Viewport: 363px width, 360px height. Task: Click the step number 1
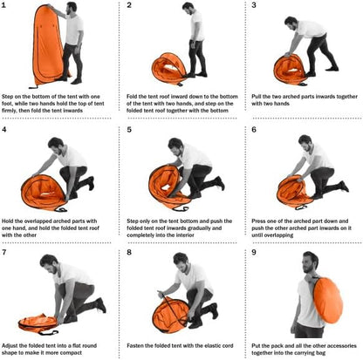pyautogui.click(x=3, y=5)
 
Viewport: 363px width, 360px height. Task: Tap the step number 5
pyautogui.click(x=129, y=130)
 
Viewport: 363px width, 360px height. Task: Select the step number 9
pyautogui.click(x=254, y=252)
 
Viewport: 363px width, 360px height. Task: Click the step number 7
pyautogui.click(x=3, y=252)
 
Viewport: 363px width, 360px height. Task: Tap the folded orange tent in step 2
pyautogui.click(x=169, y=69)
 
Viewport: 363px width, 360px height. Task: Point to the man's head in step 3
pyautogui.click(x=291, y=24)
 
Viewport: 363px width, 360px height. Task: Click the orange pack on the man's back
pyautogui.click(x=328, y=301)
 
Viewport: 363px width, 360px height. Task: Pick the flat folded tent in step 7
pyautogui.click(x=38, y=323)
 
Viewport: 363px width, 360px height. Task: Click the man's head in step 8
pyautogui.click(x=181, y=262)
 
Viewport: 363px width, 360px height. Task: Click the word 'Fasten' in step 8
pyautogui.click(x=134, y=346)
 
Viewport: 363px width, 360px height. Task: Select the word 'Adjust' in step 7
pyautogui.click(x=10, y=346)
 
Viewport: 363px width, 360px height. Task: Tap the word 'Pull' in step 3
pyautogui.click(x=257, y=97)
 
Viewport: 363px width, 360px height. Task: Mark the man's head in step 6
pyautogui.click(x=305, y=142)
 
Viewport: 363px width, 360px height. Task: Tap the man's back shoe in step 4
pyautogui.click(x=91, y=183)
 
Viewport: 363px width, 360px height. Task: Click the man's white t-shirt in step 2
pyautogui.click(x=197, y=25)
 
